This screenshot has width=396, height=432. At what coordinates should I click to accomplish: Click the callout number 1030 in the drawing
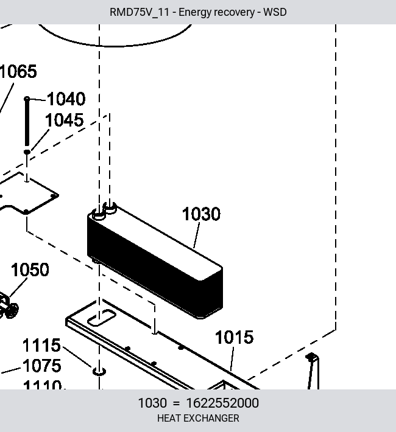(201, 214)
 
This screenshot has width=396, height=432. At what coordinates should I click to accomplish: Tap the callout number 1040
(66, 99)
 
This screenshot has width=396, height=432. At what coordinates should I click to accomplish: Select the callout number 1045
(65, 120)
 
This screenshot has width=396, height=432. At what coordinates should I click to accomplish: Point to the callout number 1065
(18, 71)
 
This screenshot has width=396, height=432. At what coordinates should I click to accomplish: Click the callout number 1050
(30, 270)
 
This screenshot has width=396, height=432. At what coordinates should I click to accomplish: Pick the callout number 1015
(234, 337)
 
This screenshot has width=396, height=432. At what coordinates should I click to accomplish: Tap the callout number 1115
(41, 345)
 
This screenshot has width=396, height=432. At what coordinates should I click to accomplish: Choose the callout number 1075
(41, 366)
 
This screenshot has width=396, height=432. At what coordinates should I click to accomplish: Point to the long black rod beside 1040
(27, 121)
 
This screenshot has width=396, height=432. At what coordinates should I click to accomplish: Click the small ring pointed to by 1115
(99, 372)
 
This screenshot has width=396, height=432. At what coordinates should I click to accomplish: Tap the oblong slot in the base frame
(102, 318)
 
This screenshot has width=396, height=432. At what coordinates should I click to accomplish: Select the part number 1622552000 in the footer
(222, 403)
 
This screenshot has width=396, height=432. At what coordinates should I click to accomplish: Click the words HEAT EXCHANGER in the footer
(198, 418)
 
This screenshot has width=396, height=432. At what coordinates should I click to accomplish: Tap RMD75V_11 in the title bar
(140, 12)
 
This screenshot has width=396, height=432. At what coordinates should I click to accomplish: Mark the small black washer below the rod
(27, 152)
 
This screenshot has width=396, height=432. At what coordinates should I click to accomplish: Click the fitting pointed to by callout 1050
(9, 307)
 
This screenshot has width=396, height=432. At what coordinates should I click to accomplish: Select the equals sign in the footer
(176, 403)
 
